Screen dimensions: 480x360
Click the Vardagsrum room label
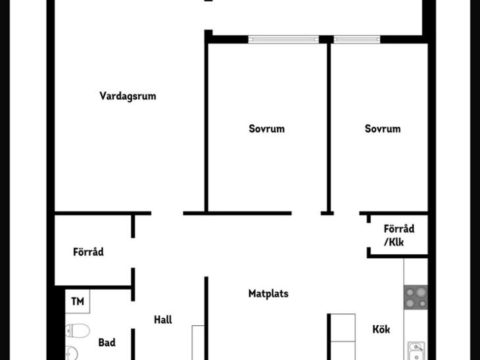(128, 96)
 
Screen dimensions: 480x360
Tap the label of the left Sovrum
(267, 129)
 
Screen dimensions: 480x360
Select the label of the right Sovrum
(383, 129)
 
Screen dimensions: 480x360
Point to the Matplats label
(268, 294)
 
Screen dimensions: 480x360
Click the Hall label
(163, 320)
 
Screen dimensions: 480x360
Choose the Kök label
(381, 329)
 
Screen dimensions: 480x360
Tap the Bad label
(107, 342)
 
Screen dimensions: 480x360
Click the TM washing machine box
(78, 302)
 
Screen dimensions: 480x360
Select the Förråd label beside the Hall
(88, 252)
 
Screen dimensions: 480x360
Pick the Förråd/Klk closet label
(399, 235)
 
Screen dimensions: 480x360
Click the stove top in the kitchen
(416, 298)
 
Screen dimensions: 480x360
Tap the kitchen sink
(416, 351)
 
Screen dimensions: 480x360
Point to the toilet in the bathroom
(78, 330)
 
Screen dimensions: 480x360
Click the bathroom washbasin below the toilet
(72, 353)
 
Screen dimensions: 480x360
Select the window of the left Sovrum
(283, 39)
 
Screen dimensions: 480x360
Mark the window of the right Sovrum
(357, 39)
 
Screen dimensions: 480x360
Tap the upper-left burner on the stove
(410, 292)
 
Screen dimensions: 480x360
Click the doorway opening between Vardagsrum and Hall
(167, 214)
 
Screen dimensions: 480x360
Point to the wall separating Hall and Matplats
(206, 318)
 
